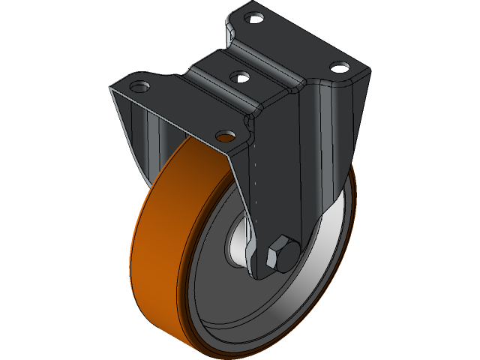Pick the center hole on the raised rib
(239, 76)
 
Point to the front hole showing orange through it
(225, 135)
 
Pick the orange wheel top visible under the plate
(187, 154)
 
